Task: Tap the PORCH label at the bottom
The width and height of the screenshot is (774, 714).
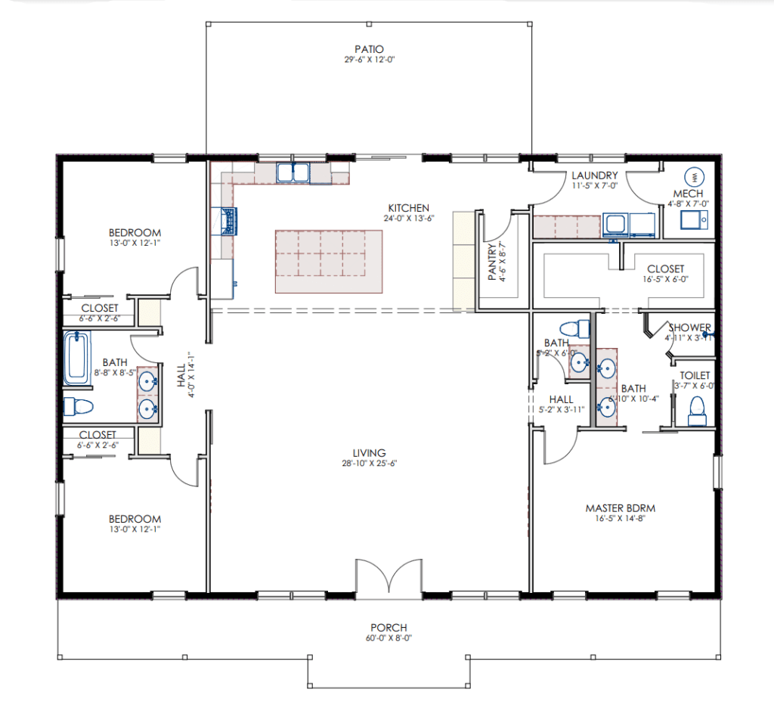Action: pyautogui.click(x=389, y=627)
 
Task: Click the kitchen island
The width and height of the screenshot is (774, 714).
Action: pyautogui.click(x=328, y=262)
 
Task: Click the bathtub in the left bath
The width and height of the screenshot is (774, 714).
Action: pyautogui.click(x=76, y=358)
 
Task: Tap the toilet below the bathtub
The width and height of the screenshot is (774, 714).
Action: pyautogui.click(x=76, y=407)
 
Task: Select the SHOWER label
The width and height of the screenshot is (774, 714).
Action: pyautogui.click(x=689, y=328)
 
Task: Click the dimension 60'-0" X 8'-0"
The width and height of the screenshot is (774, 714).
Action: pyautogui.click(x=389, y=638)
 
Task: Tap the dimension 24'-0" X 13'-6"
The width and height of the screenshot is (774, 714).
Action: pyautogui.click(x=409, y=219)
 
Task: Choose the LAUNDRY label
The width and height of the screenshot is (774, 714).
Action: pyautogui.click(x=595, y=175)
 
